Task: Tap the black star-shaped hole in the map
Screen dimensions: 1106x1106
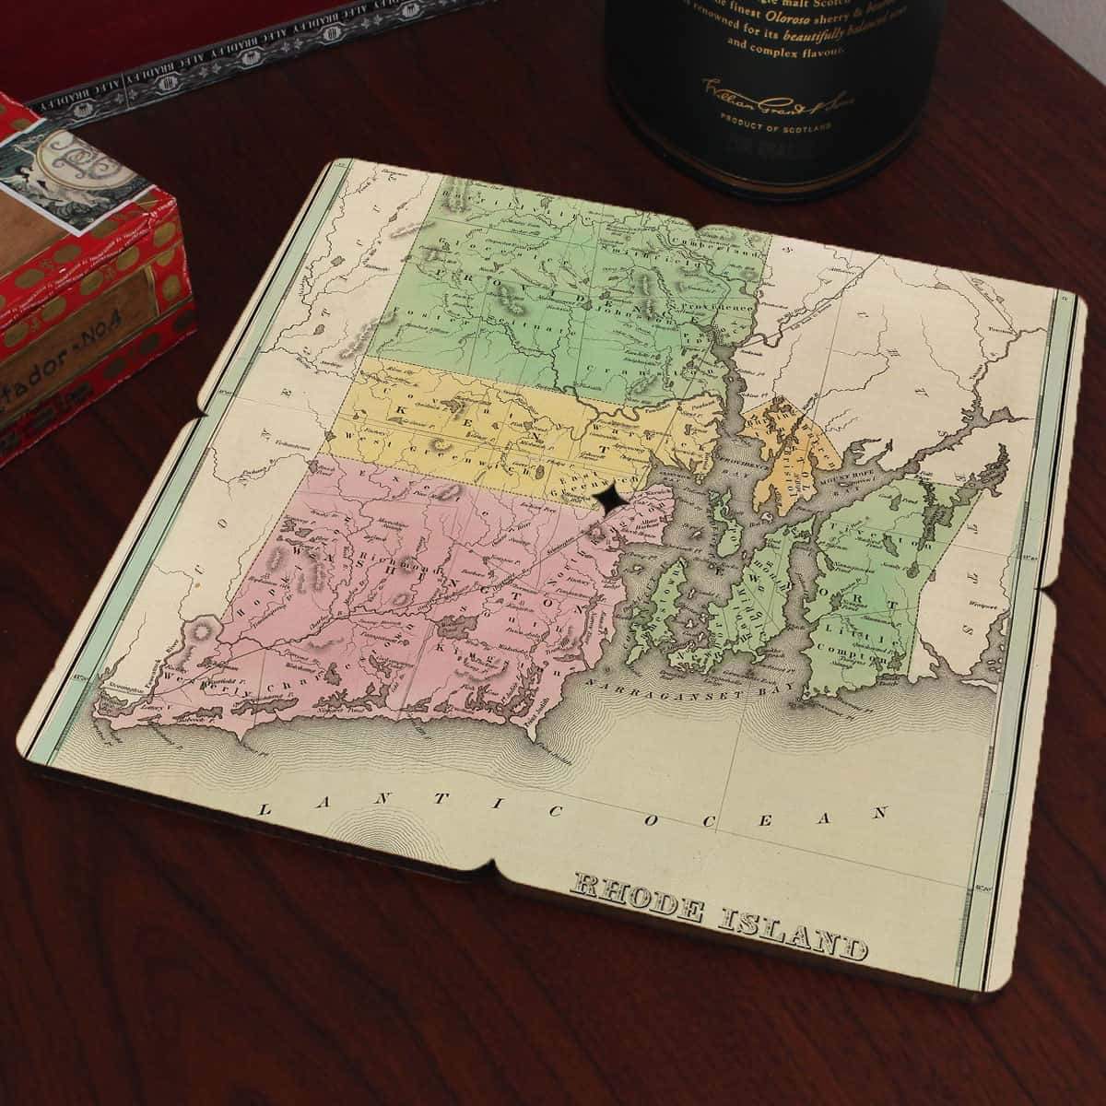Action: [611, 499]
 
